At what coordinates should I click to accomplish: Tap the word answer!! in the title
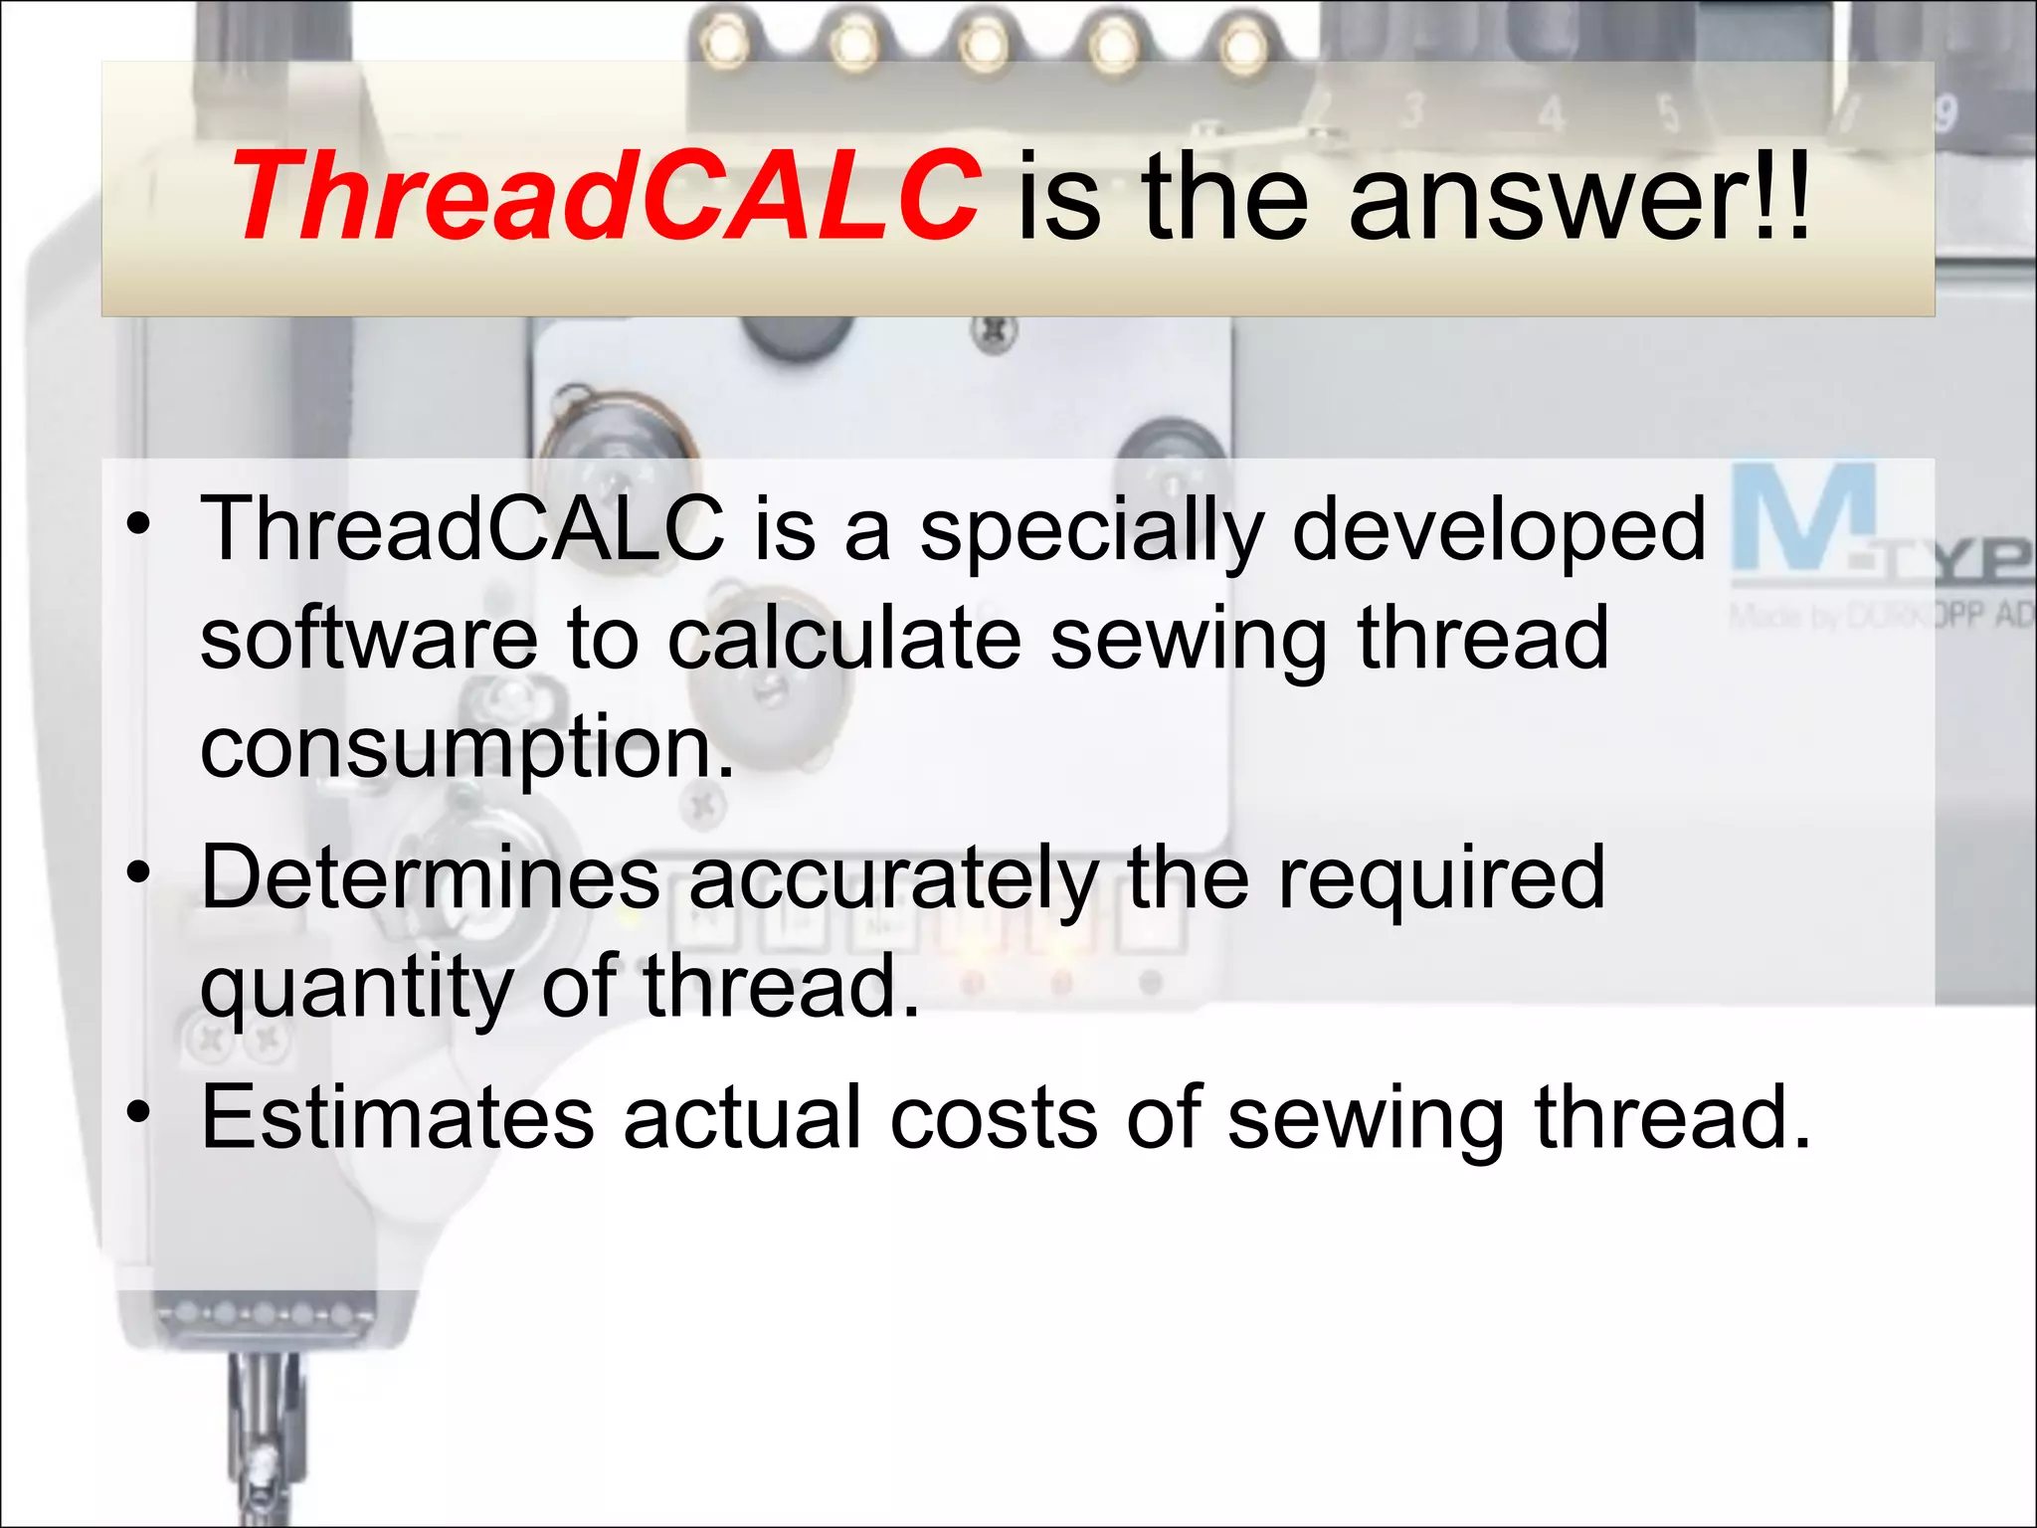pos(1579,196)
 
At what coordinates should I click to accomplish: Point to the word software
pos(369,639)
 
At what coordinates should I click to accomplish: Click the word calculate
pos(843,639)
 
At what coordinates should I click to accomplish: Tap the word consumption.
pos(466,748)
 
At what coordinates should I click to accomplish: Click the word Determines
pos(431,877)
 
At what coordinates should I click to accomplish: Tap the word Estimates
pos(398,1118)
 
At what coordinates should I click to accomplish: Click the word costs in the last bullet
pos(994,1118)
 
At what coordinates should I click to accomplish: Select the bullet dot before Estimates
pos(138,1113)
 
